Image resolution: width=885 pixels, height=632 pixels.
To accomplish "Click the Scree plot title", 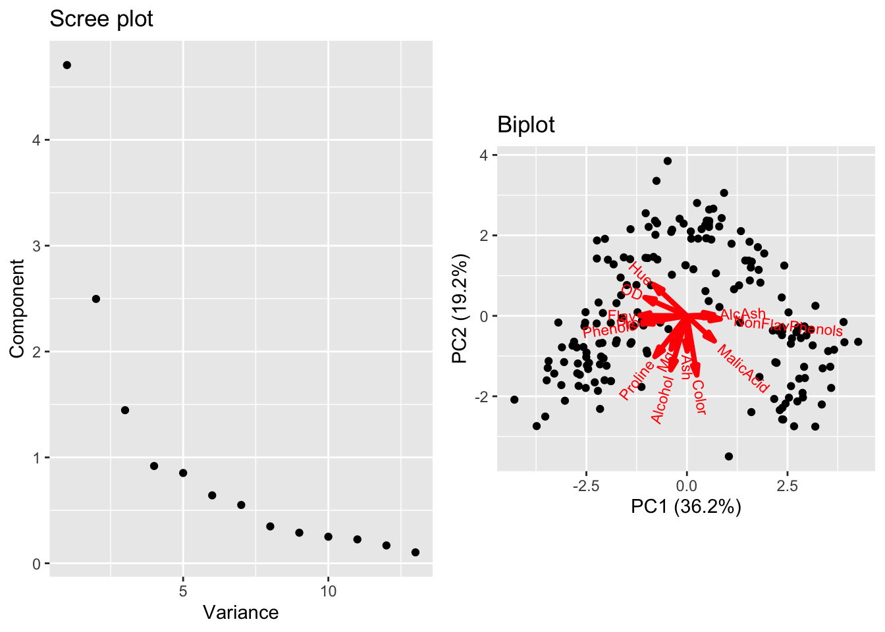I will pos(101,19).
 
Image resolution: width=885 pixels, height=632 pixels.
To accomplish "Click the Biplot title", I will pos(525,124).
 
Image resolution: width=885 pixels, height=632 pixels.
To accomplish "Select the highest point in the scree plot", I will pos(67,65).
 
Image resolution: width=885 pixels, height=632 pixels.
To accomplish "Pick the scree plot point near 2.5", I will pos(96,299).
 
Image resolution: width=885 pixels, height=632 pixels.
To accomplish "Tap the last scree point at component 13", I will pos(415,552).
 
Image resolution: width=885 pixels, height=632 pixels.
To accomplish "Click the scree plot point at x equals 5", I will pos(183,473).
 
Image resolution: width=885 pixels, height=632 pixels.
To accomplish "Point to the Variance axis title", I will pos(240,613).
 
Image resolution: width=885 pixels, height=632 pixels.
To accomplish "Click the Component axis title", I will pos(17,309).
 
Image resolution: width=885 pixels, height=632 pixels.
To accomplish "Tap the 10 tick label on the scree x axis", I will pos(328,591).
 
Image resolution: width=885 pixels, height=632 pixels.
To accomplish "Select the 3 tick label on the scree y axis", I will pos(36,246).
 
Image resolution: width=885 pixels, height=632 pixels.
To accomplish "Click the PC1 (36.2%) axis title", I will pos(686,506).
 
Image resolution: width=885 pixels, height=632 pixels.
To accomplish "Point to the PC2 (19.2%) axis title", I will pos(460,309).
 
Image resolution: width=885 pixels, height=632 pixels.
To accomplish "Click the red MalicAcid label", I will pos(742,369).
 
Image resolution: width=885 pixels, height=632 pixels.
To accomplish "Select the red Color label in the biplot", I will pos(699,398).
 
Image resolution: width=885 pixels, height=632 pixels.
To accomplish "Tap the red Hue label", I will pos(639,273).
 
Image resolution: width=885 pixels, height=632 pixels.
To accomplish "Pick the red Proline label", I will pos(637,381).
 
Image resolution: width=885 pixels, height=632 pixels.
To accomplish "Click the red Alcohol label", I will pos(662,400).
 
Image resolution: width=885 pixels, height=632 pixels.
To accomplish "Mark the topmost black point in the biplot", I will pos(667,161).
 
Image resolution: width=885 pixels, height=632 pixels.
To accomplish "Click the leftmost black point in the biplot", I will pos(514,400).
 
